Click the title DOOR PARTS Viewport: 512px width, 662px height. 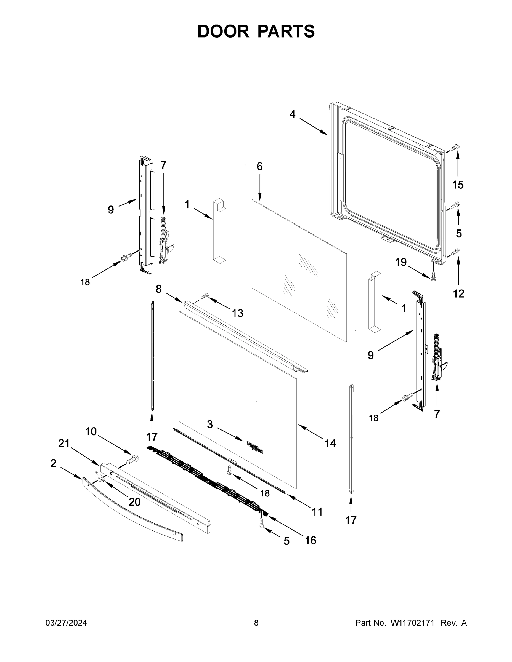pos(256,31)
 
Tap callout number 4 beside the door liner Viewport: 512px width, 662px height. pos(292,114)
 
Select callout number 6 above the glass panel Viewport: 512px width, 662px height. pos(260,166)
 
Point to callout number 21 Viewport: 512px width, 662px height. pos(64,444)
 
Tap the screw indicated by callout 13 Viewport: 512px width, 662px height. pos(205,295)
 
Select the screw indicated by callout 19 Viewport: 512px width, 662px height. pos(433,276)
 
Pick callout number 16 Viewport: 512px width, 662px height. pos(310,540)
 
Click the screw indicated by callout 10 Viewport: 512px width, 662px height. pos(133,460)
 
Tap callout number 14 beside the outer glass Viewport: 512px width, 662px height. pos(330,444)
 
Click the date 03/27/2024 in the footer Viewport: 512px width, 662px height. pos(66,623)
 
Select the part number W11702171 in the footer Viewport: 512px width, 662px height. pos(412,623)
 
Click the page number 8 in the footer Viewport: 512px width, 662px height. pos(256,623)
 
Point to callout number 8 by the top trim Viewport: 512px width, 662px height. pos(159,289)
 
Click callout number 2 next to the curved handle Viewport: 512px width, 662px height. pos(53,463)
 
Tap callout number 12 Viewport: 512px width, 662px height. pos(458,293)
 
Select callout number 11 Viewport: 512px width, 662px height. pos(317,512)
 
